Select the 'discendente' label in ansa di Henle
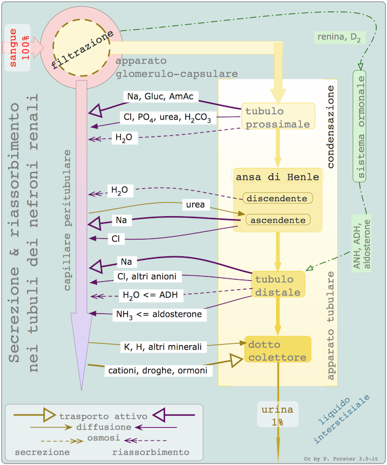[x=277, y=198]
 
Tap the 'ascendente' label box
[x=277, y=220]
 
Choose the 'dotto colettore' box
[x=277, y=350]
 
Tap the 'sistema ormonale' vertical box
[x=360, y=126]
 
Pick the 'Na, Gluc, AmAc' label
[x=153, y=95]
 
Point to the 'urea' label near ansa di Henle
[x=195, y=205]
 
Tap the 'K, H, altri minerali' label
[x=163, y=346]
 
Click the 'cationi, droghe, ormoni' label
[x=158, y=370]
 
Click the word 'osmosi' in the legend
[x=103, y=437]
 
